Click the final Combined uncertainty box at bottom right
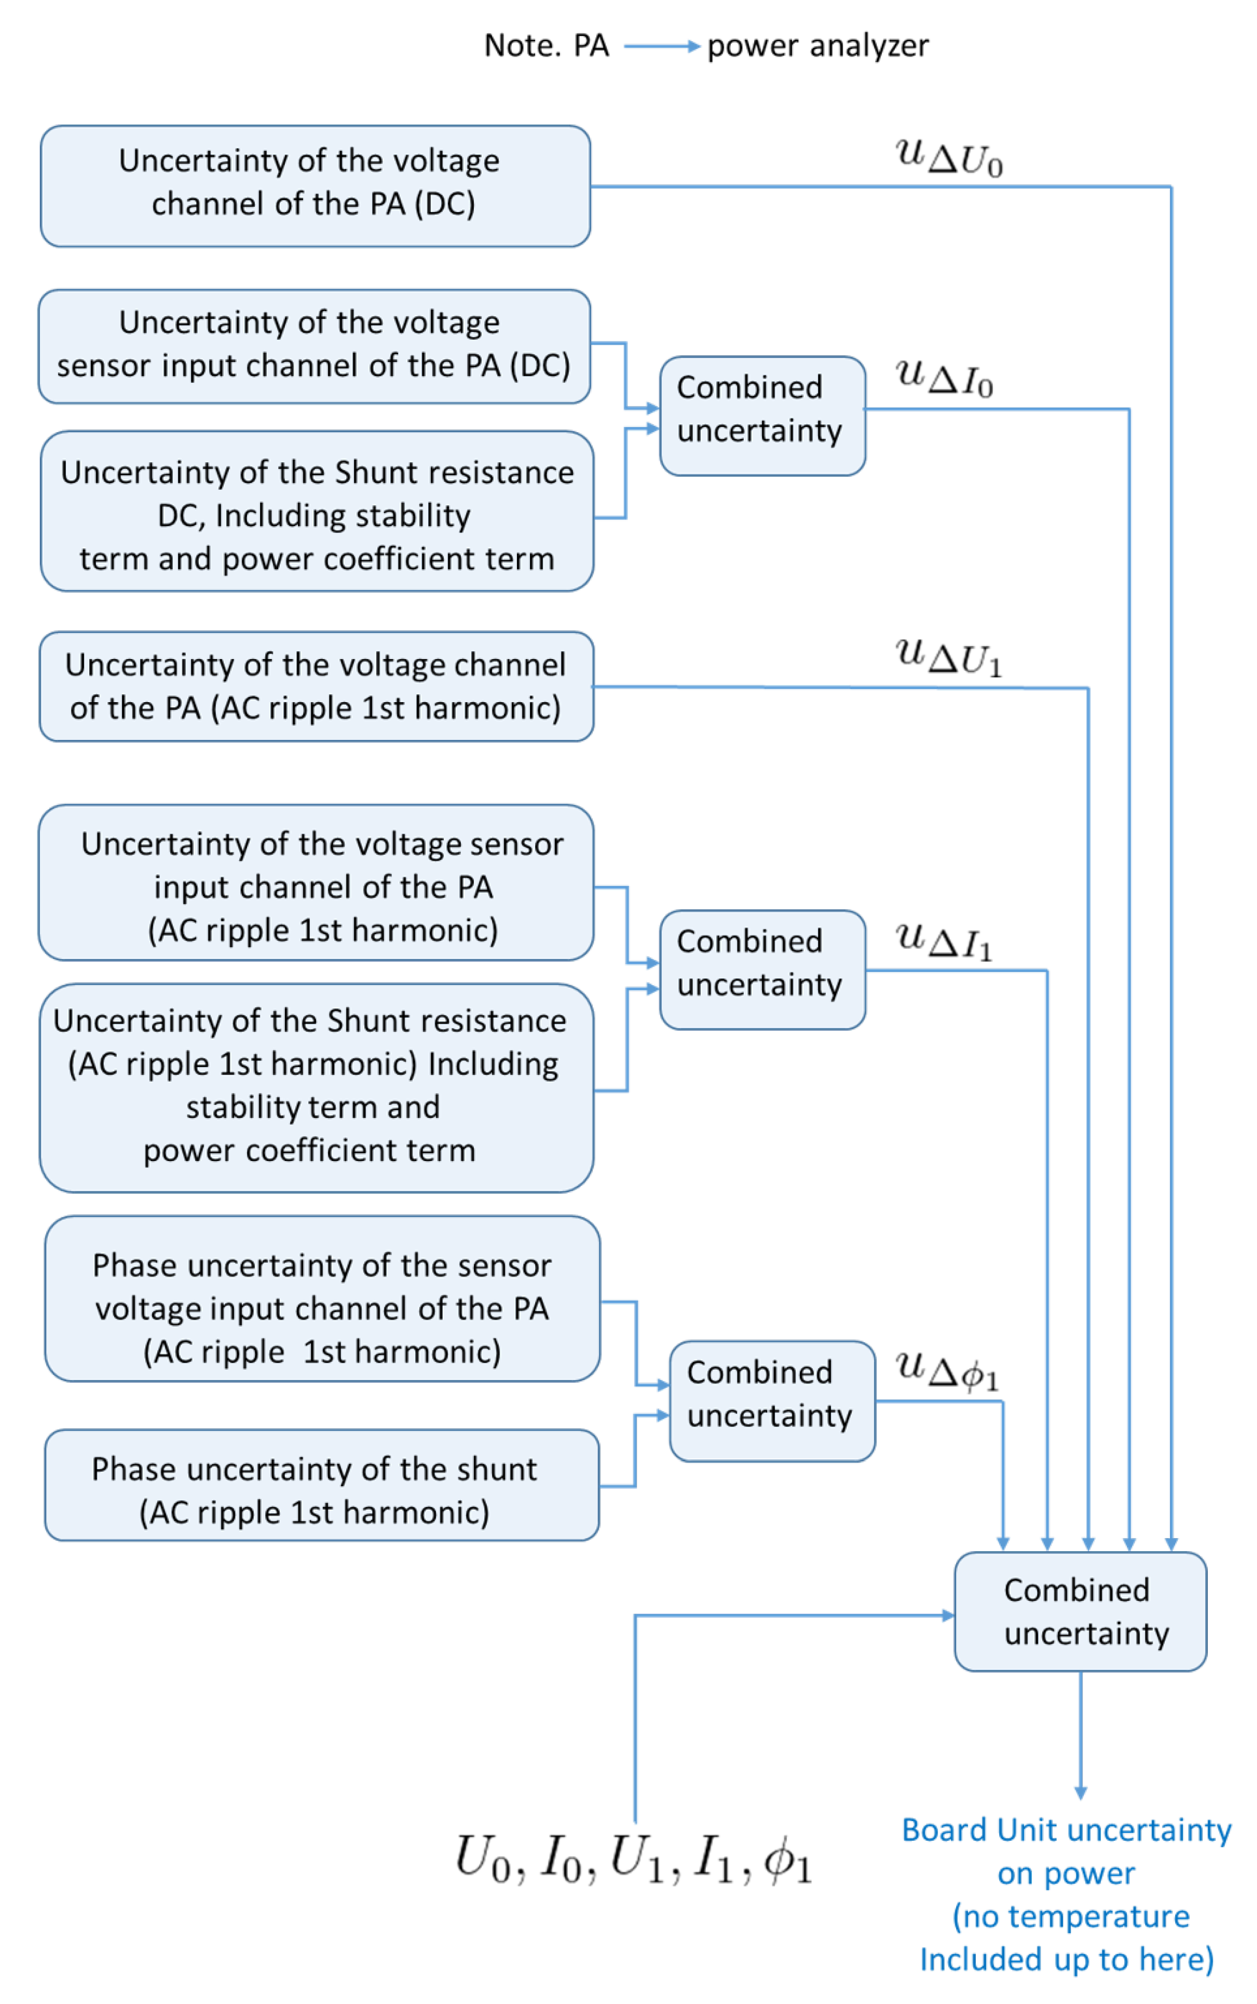click(1079, 1611)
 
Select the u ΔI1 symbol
click(944, 940)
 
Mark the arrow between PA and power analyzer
click(661, 47)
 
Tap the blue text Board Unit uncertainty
click(1066, 1830)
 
